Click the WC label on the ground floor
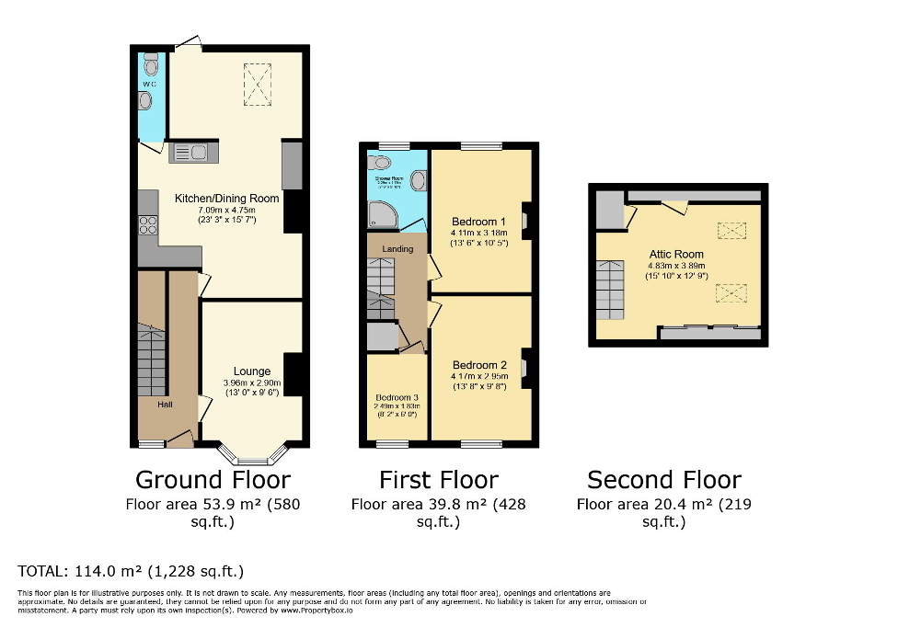(148, 84)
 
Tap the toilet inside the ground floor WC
(151, 65)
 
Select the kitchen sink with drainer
(193, 153)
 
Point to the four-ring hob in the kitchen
(147, 224)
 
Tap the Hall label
(165, 404)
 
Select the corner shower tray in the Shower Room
(382, 215)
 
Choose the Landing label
(398, 248)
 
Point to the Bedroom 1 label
(478, 222)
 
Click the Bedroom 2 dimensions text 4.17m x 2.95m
(478, 375)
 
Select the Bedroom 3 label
(397, 397)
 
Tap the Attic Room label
(675, 254)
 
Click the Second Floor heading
(663, 479)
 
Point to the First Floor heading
(438, 479)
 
